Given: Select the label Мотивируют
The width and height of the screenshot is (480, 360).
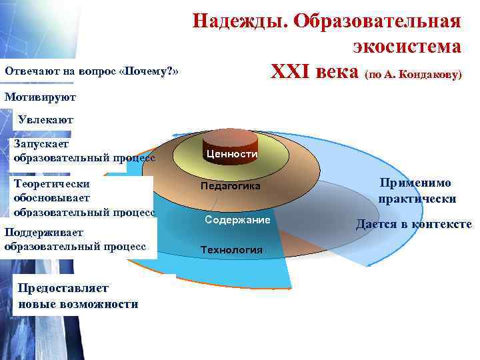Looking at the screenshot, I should (x=39, y=97).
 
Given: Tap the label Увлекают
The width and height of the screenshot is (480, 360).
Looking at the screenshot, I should (x=46, y=120).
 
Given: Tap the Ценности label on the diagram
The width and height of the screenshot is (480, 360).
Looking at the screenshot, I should (x=232, y=154).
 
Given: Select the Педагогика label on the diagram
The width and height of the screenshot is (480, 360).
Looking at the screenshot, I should (x=231, y=187).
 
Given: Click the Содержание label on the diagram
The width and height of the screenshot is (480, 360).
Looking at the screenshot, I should (x=237, y=219).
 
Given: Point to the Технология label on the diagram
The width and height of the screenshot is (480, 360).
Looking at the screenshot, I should (x=231, y=250).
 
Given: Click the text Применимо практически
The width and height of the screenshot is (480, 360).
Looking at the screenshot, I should (x=417, y=191).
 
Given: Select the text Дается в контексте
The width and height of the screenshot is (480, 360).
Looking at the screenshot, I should (x=413, y=225).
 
